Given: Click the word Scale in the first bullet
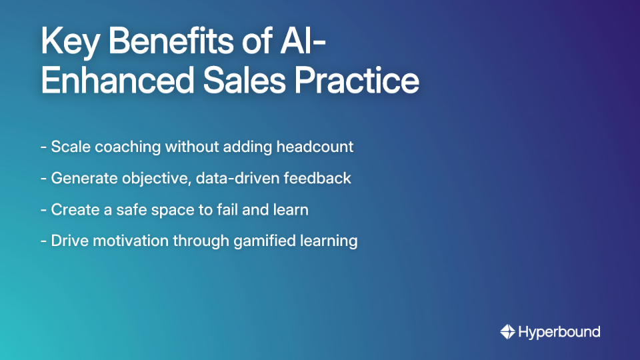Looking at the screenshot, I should point(70,147).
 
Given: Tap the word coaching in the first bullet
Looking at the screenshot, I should point(129,147).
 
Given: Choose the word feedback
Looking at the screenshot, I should point(322,178).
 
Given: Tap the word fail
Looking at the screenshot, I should point(223,209).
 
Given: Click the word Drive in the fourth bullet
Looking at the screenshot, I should point(68,241).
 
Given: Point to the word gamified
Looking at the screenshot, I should point(263,241).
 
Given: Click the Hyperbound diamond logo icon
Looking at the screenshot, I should point(507,331).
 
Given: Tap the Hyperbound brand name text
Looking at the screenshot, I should point(559,331).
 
